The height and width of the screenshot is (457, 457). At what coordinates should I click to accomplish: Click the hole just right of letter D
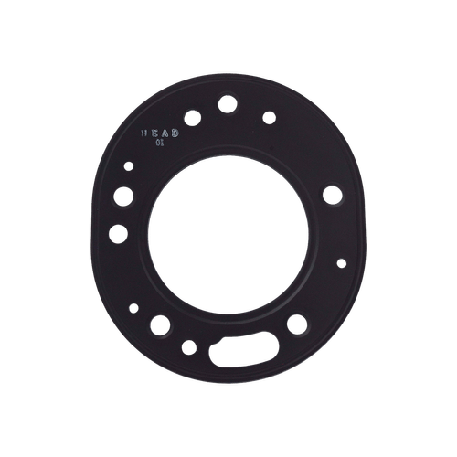pyautogui.click(x=193, y=117)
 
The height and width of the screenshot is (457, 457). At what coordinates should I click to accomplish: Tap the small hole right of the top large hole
pyautogui.click(x=269, y=116)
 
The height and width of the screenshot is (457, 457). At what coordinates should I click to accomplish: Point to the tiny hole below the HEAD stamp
pyautogui.click(x=129, y=165)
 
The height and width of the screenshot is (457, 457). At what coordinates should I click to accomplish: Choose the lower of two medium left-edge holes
pyautogui.click(x=116, y=233)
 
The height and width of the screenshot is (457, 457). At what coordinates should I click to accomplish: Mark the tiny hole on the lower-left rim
pyautogui.click(x=133, y=307)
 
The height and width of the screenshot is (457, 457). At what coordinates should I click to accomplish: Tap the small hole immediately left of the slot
pyautogui.click(x=189, y=346)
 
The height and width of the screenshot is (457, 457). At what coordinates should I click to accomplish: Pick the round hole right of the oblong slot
pyautogui.click(x=297, y=325)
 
